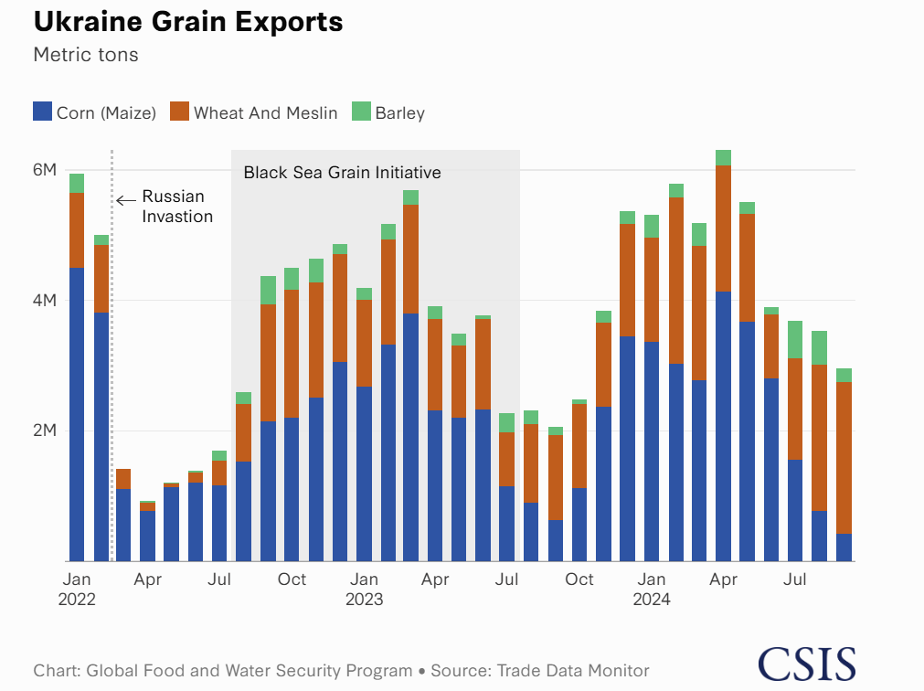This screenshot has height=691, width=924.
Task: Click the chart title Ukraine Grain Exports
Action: coord(187,22)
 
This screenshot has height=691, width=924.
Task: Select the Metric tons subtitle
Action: coord(86,55)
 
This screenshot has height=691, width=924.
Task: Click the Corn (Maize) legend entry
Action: coord(95,113)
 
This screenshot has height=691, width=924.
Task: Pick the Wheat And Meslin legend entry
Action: coord(254,113)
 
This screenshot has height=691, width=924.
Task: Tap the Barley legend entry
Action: coord(388,113)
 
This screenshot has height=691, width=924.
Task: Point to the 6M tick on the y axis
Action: coord(45,171)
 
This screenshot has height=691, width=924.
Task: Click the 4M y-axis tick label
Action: coord(45,301)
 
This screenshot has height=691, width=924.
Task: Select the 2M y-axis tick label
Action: coord(45,431)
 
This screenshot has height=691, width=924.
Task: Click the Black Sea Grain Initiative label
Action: coord(342,172)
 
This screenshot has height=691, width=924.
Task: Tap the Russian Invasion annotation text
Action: coord(176,207)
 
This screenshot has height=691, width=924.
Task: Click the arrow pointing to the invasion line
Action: coord(126,197)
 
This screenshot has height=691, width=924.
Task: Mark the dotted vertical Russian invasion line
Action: coord(112,366)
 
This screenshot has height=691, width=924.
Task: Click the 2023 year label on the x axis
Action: coord(364,600)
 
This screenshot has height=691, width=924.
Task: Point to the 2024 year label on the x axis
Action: coord(652,600)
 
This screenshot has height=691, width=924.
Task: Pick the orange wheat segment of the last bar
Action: coord(844,457)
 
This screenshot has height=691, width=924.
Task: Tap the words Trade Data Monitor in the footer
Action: coord(573,671)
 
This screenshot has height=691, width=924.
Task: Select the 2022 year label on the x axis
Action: coord(77,600)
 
